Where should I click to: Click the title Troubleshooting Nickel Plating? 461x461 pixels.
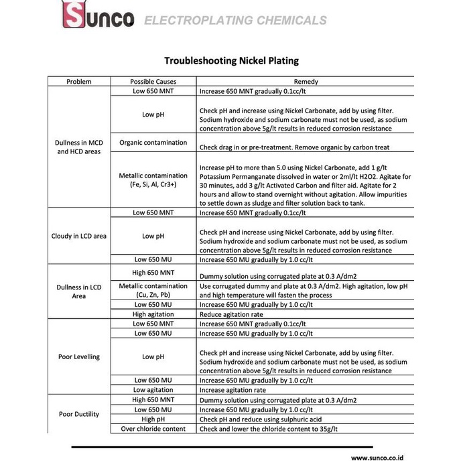[231, 60]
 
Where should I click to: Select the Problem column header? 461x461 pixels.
[79, 82]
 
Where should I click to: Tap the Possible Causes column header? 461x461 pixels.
[153, 82]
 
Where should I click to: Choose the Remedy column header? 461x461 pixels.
[306, 82]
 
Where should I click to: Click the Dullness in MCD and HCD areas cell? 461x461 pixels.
[79, 147]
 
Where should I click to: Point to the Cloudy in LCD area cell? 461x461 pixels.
[79, 236]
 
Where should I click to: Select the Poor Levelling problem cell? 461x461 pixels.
[79, 356]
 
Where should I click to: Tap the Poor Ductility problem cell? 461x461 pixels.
[79, 414]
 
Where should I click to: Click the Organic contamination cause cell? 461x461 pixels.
[153, 143]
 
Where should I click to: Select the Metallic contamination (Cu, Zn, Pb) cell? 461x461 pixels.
[153, 290]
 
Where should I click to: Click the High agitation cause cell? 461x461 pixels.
[153, 314]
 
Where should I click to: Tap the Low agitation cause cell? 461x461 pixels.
[153, 390]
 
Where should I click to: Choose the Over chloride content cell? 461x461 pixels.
[153, 429]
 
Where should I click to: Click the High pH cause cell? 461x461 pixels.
[153, 419]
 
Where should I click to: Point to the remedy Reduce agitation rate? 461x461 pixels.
[231, 314]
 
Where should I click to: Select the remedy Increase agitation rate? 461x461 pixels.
[233, 390]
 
